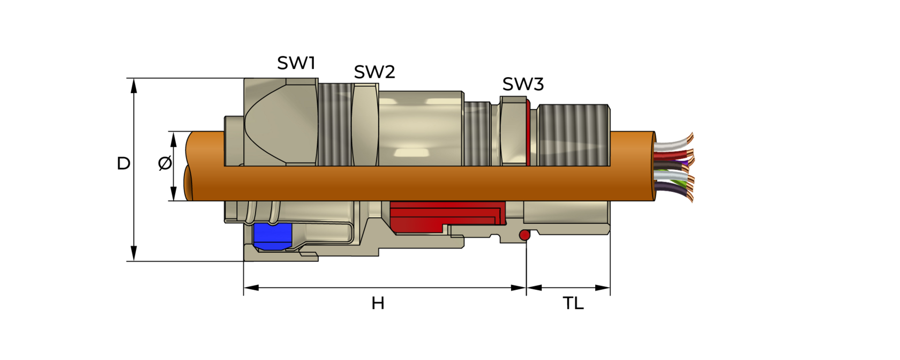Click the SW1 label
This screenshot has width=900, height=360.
coord(296,63)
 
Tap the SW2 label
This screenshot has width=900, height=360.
coord(374,72)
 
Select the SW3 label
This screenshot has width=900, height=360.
coord(523,84)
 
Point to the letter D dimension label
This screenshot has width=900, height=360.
coord(123,163)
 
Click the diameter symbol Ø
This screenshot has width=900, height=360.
coord(165,163)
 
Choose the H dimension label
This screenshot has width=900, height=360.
coord(378,303)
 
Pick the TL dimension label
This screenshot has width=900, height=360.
coord(573,303)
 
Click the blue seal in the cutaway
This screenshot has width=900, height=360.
coord(273,236)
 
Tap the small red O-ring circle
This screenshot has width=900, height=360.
coord(524,235)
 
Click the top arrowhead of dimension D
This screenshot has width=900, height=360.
coord(134,85)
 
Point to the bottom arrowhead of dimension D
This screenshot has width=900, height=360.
coord(134,254)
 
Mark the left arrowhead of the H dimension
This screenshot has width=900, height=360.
coord(251,288)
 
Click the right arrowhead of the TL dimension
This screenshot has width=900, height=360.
coord(603,288)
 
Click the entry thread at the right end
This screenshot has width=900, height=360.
coord(573,135)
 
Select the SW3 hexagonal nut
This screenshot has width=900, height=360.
coord(513,131)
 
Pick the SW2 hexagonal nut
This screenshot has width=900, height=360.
coord(365,124)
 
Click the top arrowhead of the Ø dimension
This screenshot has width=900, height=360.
coord(174,139)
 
